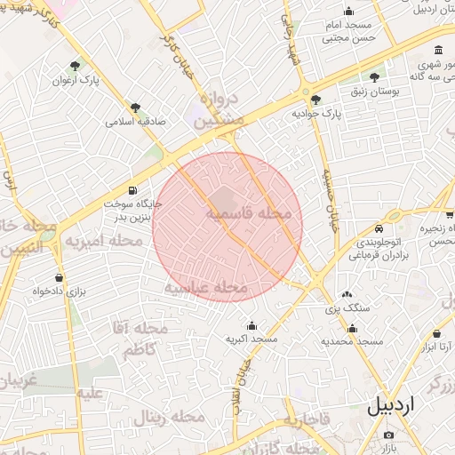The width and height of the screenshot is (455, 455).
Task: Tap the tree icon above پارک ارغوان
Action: [x=75, y=65]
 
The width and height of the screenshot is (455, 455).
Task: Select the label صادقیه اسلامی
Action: [x=136, y=121]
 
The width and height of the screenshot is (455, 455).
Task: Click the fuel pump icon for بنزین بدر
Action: [x=133, y=190]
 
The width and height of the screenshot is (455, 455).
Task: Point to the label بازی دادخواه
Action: [x=60, y=291]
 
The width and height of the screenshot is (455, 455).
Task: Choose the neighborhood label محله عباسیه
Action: [x=205, y=287]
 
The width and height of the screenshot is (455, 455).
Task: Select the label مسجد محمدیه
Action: [x=352, y=341]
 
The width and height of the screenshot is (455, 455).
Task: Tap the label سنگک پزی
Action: [x=345, y=307]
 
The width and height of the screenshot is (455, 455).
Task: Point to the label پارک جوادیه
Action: [x=316, y=114]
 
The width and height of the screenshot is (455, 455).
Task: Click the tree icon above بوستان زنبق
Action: [x=374, y=77]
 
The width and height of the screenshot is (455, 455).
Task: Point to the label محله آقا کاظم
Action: [x=136, y=339]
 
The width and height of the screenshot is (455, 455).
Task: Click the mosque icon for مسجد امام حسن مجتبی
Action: [x=348, y=12]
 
